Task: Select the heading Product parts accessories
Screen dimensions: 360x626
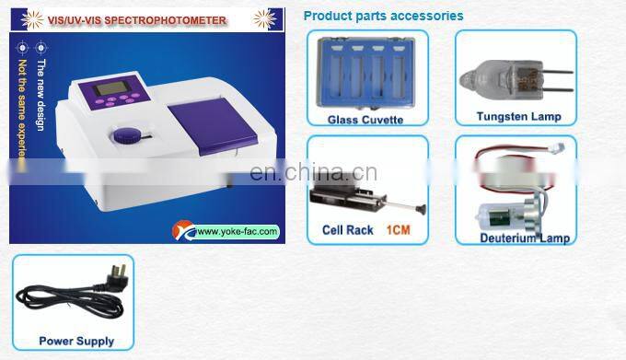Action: click(x=383, y=16)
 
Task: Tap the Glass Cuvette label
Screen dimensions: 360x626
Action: click(x=366, y=119)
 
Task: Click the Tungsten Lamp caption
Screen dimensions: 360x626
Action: click(x=518, y=117)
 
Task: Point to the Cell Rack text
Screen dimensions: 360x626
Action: click(x=347, y=230)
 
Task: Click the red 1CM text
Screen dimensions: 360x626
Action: click(x=397, y=230)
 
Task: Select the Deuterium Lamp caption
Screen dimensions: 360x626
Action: click(x=524, y=238)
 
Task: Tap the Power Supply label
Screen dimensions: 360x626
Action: click(x=76, y=341)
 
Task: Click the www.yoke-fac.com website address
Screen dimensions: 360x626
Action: click(x=237, y=231)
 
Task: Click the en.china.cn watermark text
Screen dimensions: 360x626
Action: click(x=313, y=172)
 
